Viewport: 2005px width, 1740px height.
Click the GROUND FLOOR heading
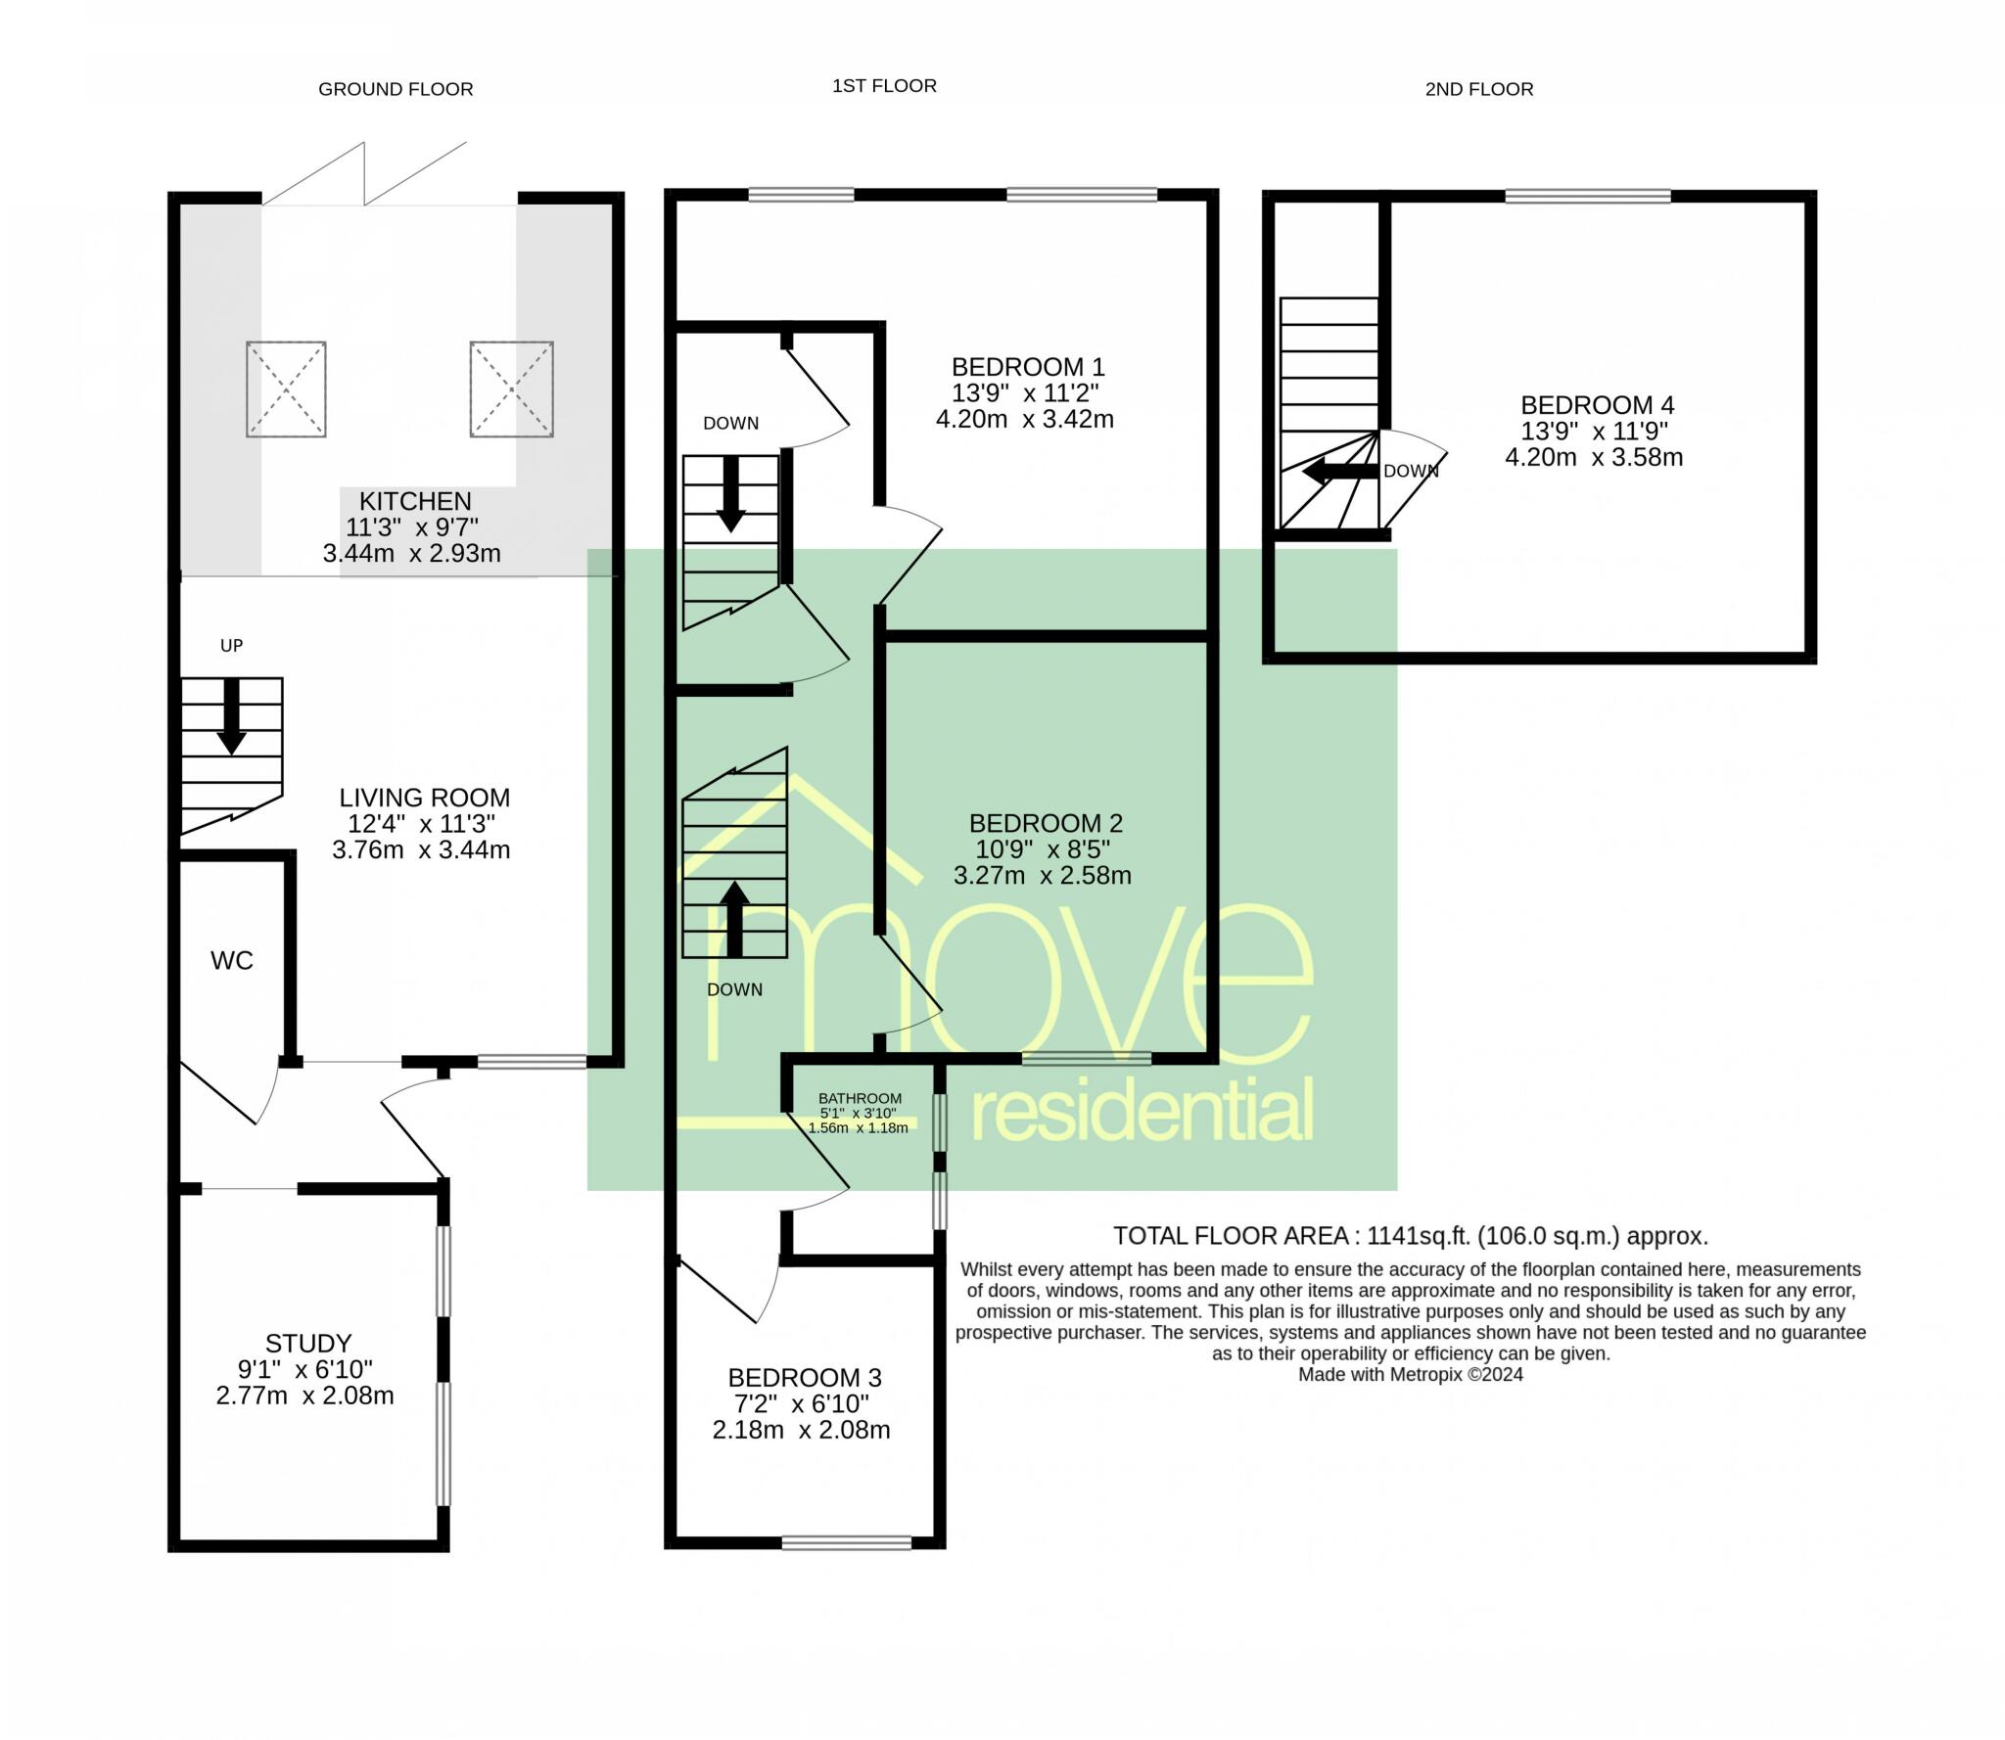(x=396, y=89)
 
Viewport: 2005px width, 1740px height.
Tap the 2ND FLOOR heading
(x=1478, y=89)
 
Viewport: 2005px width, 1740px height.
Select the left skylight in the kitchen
(x=286, y=389)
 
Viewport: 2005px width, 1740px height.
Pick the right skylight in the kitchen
(x=511, y=389)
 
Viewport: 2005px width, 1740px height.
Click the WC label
(x=232, y=960)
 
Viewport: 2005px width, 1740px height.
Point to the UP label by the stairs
(x=231, y=645)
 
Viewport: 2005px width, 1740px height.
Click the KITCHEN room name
(x=415, y=501)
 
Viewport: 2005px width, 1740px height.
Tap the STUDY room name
(x=308, y=1343)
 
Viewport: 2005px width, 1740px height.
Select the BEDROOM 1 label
(x=1028, y=367)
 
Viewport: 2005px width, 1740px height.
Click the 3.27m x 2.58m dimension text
(x=1043, y=875)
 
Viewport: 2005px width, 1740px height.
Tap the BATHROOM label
(x=860, y=1098)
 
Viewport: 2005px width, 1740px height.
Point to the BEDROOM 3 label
(x=805, y=1378)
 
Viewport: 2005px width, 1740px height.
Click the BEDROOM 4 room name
(x=1597, y=404)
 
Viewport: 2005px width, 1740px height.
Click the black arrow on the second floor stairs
(x=1339, y=472)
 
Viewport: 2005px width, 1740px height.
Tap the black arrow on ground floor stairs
(x=231, y=716)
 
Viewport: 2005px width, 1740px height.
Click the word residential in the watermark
(x=1142, y=1110)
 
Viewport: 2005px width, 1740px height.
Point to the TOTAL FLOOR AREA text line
(x=1410, y=1236)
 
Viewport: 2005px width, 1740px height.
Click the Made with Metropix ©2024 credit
(x=1410, y=1374)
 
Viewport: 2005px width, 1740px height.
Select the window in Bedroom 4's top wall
(x=1587, y=197)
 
